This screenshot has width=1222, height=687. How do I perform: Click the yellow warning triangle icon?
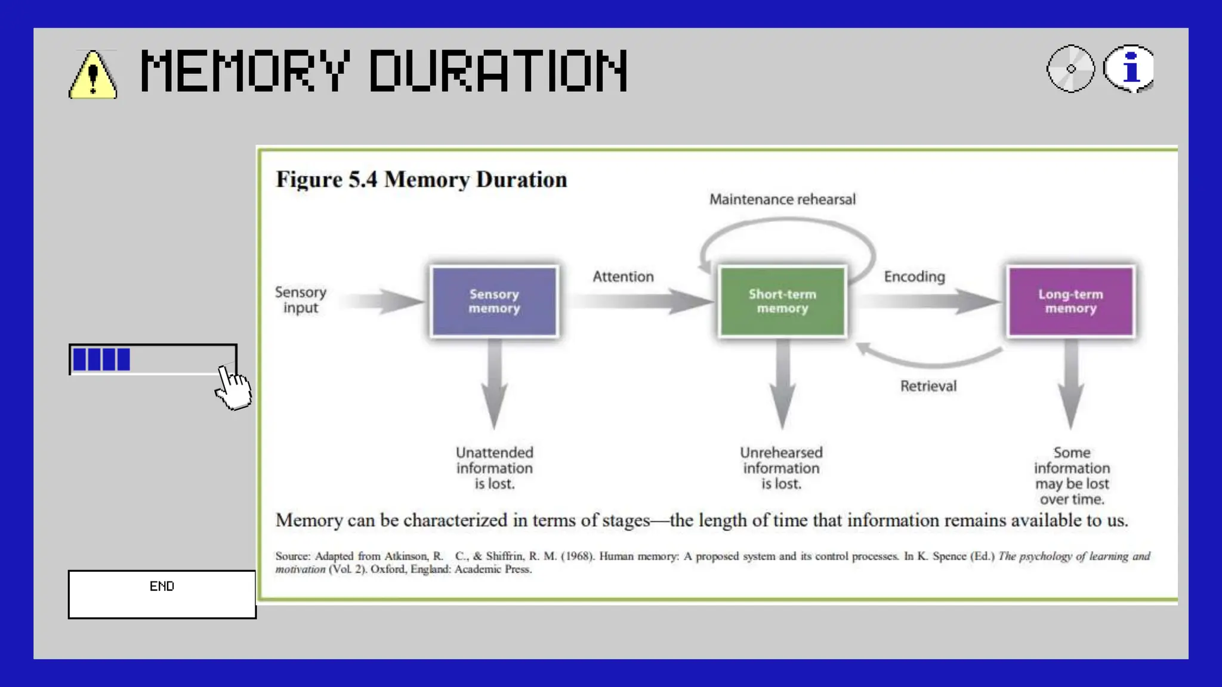pos(92,75)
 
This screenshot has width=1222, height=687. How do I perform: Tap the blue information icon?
pos(1129,69)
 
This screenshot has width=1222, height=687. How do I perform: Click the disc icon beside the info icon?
pos(1071,69)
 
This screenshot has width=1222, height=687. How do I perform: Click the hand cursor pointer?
pos(233,388)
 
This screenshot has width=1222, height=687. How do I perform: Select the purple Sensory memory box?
pos(494,301)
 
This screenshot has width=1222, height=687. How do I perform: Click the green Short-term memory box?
pos(782,301)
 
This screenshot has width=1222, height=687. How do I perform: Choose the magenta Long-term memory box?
pos(1070,301)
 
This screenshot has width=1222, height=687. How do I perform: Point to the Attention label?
pos(623,277)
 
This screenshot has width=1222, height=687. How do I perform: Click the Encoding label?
pos(914,277)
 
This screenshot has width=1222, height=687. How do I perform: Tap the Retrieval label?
pos(928,386)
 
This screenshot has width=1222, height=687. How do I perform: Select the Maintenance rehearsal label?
pos(782,199)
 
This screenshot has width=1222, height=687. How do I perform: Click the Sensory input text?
pos(301,300)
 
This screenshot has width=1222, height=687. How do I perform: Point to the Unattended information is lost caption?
pos(494,468)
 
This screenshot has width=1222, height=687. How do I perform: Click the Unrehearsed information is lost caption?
pos(781,468)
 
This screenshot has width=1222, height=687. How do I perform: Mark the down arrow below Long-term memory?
pos(1071,385)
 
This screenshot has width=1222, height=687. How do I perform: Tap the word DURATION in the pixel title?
pos(498,71)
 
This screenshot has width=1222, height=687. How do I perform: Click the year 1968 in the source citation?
pos(577,556)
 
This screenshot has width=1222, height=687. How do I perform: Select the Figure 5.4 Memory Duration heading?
pos(421,180)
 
